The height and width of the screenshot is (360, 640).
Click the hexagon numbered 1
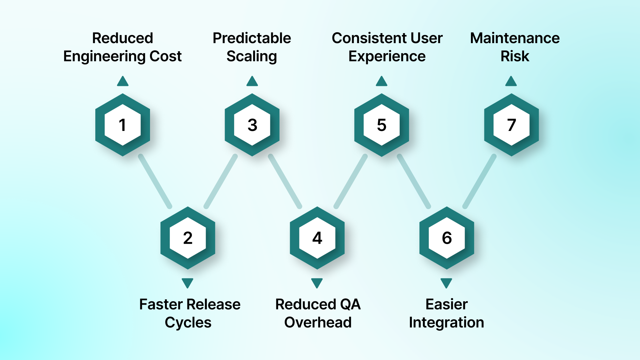pos(122,125)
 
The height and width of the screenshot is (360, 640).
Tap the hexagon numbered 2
pos(187,238)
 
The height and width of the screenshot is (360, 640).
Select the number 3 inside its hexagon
pos(252,125)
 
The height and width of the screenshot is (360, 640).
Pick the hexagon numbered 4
pos(317,238)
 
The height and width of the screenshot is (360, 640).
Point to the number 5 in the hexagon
pos(382,125)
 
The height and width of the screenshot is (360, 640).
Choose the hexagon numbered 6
pos(447,238)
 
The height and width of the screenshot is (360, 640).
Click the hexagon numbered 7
pos(511,125)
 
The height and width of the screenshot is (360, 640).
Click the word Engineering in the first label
pos(104,57)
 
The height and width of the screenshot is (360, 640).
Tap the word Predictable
pos(252,38)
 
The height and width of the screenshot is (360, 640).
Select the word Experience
pos(387,57)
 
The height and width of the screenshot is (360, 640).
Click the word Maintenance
pos(515,38)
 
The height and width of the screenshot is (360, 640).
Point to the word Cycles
pos(188,322)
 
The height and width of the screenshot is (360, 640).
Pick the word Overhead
pos(318,322)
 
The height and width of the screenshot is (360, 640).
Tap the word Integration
pos(446,322)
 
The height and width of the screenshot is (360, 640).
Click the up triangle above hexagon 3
pos(252,82)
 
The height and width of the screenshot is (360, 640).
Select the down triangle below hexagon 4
pos(317,282)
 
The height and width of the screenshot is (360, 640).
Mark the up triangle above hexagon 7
pos(511,82)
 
